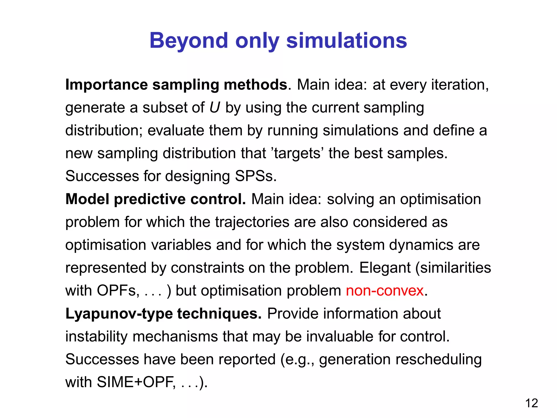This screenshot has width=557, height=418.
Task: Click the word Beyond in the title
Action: tap(188, 41)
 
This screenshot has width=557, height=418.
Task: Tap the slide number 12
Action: tap(531, 403)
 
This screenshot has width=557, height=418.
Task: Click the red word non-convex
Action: tap(385, 291)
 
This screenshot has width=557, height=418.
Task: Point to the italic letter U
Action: tap(215, 107)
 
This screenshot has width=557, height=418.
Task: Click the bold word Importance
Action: tap(106, 85)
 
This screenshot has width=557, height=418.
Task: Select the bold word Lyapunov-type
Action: tap(119, 314)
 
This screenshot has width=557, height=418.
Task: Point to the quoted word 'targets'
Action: tap(297, 153)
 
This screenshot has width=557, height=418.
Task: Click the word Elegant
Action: tap(385, 268)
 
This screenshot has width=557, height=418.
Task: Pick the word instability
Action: tap(96, 337)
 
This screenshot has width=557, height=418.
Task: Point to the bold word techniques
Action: tap(219, 314)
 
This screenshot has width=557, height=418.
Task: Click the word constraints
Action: tap(207, 268)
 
